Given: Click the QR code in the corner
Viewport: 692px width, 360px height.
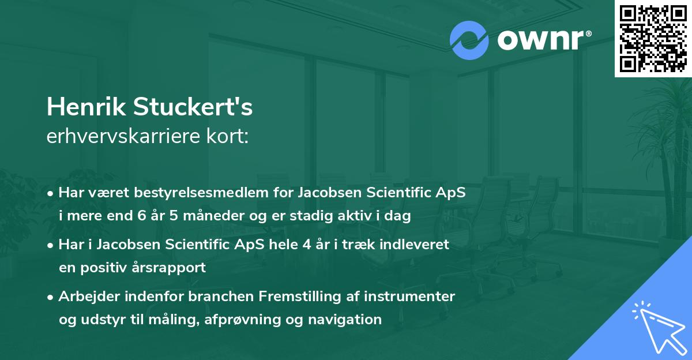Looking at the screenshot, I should coord(653,39).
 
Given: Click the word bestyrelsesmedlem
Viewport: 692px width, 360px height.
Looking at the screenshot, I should coord(198,193).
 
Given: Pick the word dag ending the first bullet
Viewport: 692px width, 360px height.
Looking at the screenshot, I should coord(398,216).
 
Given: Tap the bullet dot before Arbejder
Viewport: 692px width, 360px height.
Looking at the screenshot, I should coord(51,297).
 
